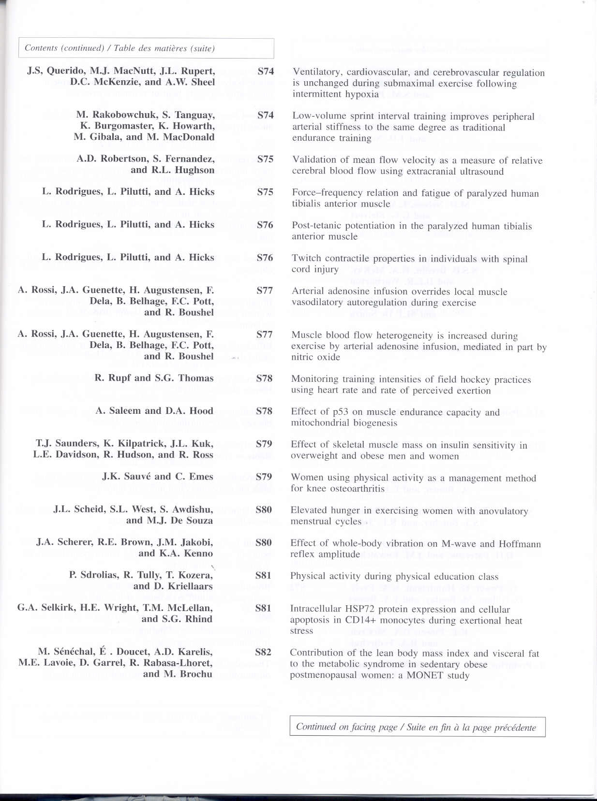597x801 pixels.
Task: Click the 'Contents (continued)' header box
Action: tap(146, 48)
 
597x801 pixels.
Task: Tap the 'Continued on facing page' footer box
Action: tap(417, 727)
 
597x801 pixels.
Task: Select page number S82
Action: tap(263, 652)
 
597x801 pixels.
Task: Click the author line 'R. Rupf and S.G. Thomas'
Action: tap(154, 378)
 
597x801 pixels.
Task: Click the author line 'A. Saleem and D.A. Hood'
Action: tap(154, 411)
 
